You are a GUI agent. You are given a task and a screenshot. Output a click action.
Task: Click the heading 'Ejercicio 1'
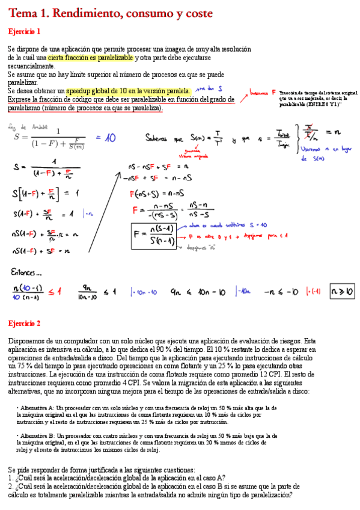(24, 31)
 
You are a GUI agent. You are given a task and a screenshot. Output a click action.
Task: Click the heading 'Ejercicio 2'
(24, 323)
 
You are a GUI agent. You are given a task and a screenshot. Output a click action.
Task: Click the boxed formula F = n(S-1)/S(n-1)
(153, 235)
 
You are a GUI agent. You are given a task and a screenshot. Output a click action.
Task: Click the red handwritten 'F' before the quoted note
(273, 92)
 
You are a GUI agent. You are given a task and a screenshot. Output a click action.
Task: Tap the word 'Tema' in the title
(22, 13)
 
